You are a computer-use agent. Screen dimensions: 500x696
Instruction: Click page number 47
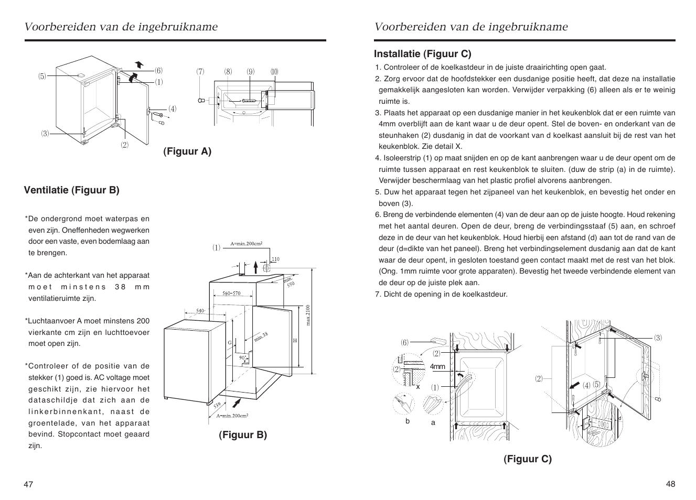(x=28, y=484)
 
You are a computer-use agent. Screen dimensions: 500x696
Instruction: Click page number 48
(x=671, y=484)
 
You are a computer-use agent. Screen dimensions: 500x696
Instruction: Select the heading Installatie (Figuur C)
(x=422, y=53)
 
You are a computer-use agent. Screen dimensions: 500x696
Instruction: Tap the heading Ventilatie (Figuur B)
(x=72, y=190)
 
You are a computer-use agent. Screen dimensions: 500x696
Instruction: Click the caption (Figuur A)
(x=187, y=151)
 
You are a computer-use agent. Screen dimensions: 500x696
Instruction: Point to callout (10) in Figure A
(x=274, y=72)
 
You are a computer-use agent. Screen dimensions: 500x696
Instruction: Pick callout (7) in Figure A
(x=200, y=72)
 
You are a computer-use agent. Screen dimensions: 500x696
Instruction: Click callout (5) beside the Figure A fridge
(x=42, y=77)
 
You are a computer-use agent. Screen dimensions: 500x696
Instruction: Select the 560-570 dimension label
(x=231, y=294)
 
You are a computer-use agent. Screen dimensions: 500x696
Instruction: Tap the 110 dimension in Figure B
(x=276, y=259)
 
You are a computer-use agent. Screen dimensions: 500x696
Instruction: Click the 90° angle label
(x=243, y=358)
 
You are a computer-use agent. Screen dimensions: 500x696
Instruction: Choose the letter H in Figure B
(x=295, y=341)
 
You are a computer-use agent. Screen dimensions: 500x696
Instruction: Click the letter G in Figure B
(x=230, y=342)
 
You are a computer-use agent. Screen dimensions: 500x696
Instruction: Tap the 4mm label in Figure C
(x=437, y=367)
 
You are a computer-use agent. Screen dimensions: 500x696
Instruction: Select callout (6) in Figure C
(x=404, y=343)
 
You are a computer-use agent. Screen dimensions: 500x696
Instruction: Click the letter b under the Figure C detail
(x=406, y=421)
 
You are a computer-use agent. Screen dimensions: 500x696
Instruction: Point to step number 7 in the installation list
(x=377, y=294)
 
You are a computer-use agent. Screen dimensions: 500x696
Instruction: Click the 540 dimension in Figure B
(x=200, y=311)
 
